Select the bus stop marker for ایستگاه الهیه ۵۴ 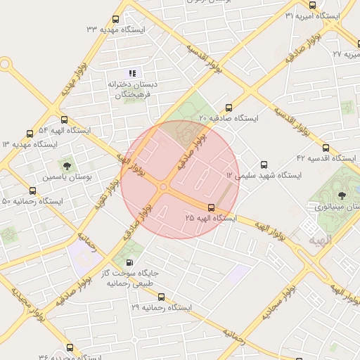(x=65, y=120)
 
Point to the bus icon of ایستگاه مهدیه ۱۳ (x=30, y=134)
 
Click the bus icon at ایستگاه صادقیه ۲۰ (x=227, y=107)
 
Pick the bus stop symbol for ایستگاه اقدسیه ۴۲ (x=325, y=148)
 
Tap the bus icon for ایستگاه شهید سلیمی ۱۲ (x=264, y=165)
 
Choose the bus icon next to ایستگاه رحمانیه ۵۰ (x=32, y=191)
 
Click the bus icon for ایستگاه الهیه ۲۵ (x=211, y=207)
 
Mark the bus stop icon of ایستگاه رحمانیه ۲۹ (x=161, y=297)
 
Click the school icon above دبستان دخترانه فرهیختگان (x=132, y=73)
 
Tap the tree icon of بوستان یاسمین (x=67, y=167)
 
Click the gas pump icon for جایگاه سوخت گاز (x=128, y=263)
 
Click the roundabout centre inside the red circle (x=164, y=187)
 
